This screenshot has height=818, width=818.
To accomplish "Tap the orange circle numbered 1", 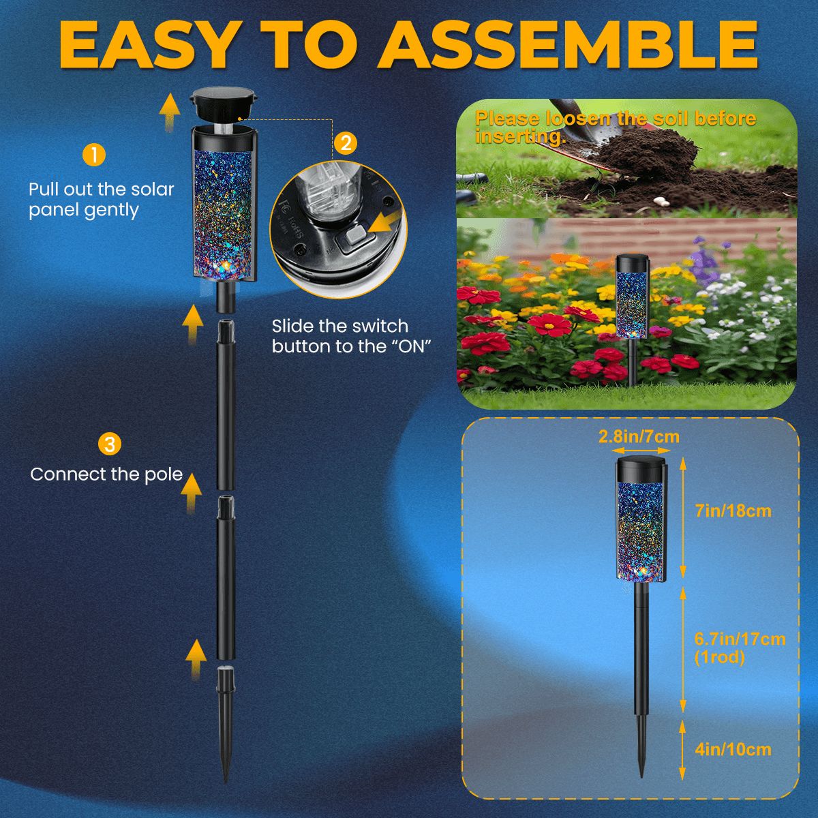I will [x=93, y=155].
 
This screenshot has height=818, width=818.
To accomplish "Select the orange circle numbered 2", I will [x=346, y=142].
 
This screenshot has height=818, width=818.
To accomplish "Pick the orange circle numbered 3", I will [x=110, y=445].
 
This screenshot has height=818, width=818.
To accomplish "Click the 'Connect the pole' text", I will [x=106, y=474].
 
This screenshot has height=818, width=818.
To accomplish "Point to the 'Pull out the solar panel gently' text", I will [x=101, y=200].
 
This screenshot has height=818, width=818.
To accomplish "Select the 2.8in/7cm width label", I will [x=639, y=437].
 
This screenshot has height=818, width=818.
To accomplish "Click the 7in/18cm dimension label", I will [x=733, y=511].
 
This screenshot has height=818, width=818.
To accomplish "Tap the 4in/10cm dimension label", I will [x=733, y=750].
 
